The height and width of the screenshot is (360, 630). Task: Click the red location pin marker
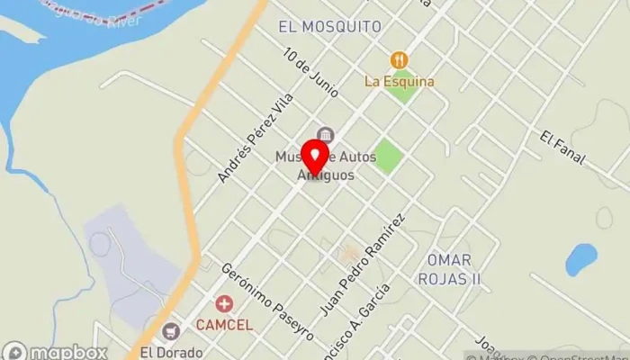(314, 156)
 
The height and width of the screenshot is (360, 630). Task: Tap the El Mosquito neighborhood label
(330, 26)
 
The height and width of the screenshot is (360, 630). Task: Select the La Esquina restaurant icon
(399, 60)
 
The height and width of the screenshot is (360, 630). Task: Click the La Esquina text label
(399, 81)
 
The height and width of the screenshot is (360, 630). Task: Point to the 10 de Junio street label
(310, 72)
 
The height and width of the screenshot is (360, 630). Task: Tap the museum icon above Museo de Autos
(324, 135)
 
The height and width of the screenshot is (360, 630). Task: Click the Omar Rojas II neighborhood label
(450, 268)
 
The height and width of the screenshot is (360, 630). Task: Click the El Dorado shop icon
(173, 332)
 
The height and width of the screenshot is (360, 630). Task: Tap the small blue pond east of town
(580, 259)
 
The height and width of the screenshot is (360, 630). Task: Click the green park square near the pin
(388, 157)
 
